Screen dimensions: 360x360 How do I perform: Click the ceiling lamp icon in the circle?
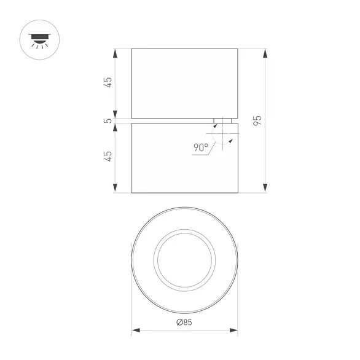click(40, 39)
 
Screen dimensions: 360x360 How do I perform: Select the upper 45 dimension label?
click(109, 82)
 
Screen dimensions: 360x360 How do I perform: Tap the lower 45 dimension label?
click(109, 156)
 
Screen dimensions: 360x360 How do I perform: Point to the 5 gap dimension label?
click(109, 120)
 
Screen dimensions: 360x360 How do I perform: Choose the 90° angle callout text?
click(201, 147)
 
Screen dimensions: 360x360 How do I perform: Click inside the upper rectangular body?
click(184, 82)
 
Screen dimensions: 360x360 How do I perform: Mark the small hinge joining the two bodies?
click(223, 120)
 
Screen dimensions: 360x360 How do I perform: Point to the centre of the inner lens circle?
click(185, 260)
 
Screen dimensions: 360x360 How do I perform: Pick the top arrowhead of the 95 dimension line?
click(265, 52)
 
